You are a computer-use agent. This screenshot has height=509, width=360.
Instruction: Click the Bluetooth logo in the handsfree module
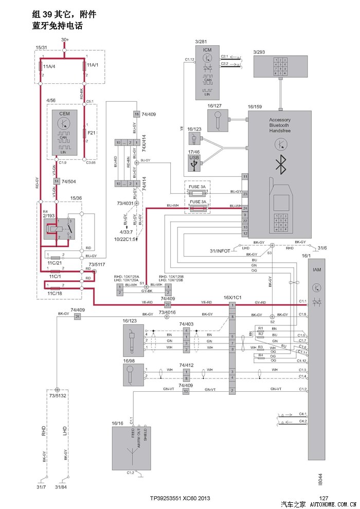point(280,165)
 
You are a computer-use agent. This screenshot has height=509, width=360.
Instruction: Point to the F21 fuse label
point(92,133)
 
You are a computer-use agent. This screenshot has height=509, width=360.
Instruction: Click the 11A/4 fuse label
point(50,66)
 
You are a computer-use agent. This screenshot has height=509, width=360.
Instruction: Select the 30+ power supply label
point(65,39)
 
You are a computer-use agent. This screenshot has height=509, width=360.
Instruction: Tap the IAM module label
point(317,269)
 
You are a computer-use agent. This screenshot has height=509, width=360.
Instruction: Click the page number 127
point(323,498)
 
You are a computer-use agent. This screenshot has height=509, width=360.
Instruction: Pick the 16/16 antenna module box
point(132,447)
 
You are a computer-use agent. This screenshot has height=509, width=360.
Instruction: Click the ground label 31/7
point(42,487)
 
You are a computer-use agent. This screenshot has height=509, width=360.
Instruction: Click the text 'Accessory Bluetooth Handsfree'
point(280,125)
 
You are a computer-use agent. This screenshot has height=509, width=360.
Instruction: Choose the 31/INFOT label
point(220,250)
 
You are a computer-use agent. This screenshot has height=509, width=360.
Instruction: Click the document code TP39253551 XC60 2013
point(180,498)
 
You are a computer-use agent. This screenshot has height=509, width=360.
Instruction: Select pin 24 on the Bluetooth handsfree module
point(245,208)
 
